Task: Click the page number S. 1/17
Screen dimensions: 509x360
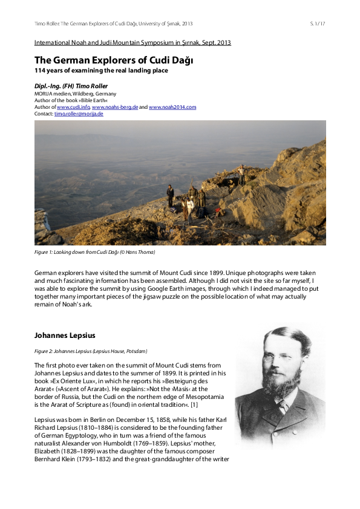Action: pos(318,24)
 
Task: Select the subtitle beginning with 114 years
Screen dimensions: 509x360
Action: pos(100,71)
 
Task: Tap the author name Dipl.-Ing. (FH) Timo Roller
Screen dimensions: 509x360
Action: pos(71,86)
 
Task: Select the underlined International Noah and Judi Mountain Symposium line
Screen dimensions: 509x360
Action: pos(133,42)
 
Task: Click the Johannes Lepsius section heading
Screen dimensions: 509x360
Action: pos(65,335)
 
